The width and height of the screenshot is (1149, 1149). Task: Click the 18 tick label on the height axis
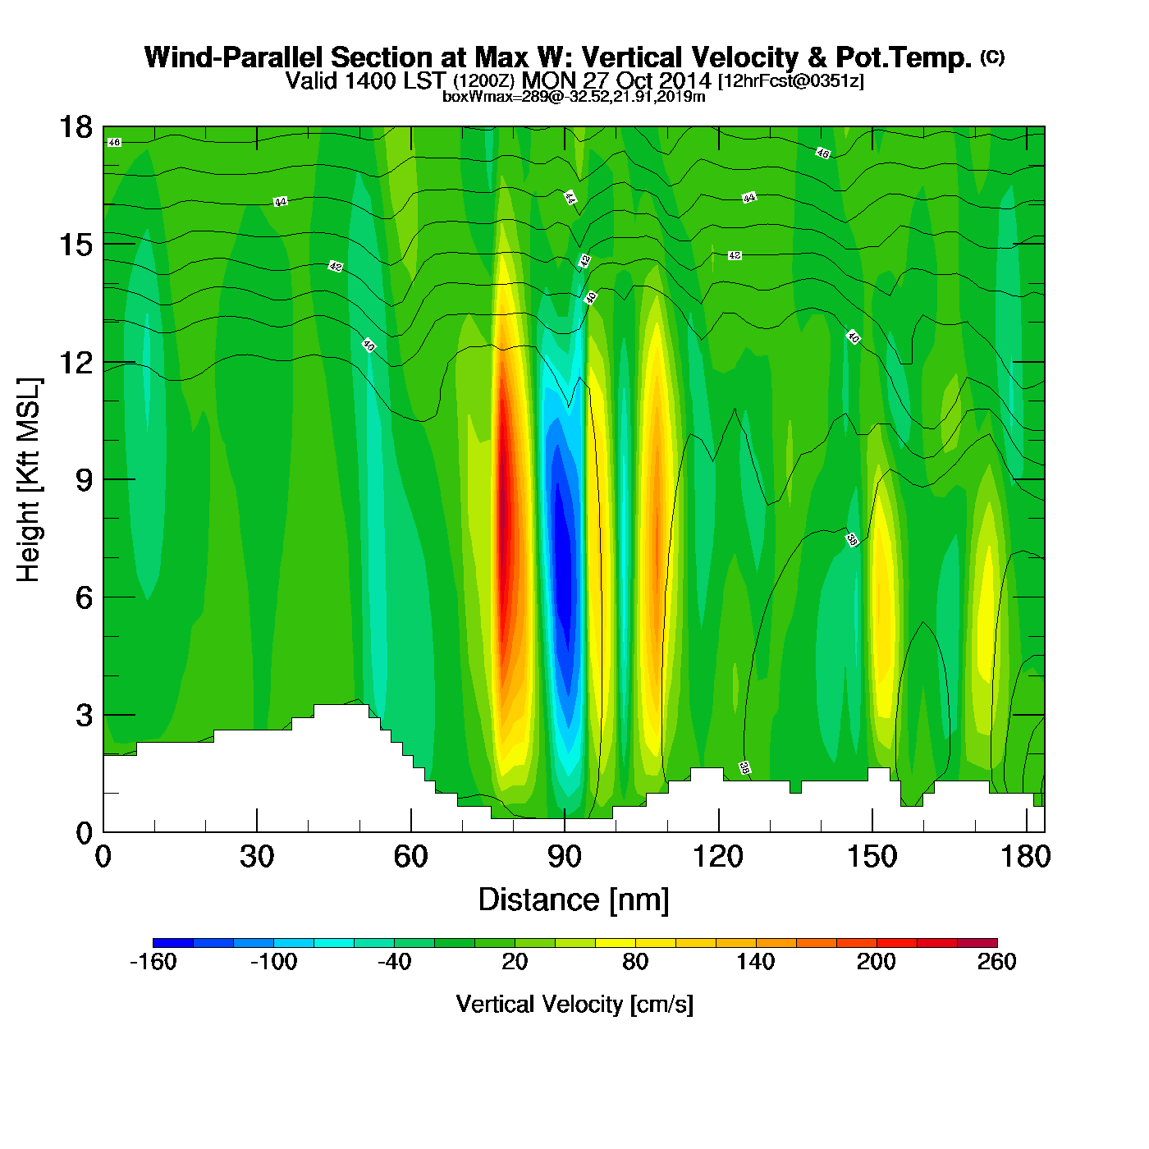pos(75,127)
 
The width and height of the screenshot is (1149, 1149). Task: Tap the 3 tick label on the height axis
pos(85,715)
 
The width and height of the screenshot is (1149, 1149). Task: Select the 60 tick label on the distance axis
pos(410,857)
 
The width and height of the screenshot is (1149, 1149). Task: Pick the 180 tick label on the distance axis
pos(1025,857)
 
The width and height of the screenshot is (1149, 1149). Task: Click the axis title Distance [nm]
pos(574,900)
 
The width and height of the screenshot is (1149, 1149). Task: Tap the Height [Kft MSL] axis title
pos(29,480)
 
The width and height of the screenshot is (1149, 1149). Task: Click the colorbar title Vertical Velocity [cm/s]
pos(574,1004)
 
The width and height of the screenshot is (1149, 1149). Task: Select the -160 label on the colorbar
pos(153,962)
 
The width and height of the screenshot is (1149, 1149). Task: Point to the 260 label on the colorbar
pos(996,962)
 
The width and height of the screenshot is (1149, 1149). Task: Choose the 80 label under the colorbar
pos(635,962)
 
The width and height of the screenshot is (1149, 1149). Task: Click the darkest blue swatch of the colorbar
pos(173,942)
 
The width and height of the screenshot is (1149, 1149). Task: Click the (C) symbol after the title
pos(992,57)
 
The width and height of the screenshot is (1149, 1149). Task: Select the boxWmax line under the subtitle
pos(574,97)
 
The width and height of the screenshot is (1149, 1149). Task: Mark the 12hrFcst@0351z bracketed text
pos(790,81)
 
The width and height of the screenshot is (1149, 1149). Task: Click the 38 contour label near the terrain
pos(744,768)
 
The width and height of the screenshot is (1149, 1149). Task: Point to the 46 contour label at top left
pos(114,143)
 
